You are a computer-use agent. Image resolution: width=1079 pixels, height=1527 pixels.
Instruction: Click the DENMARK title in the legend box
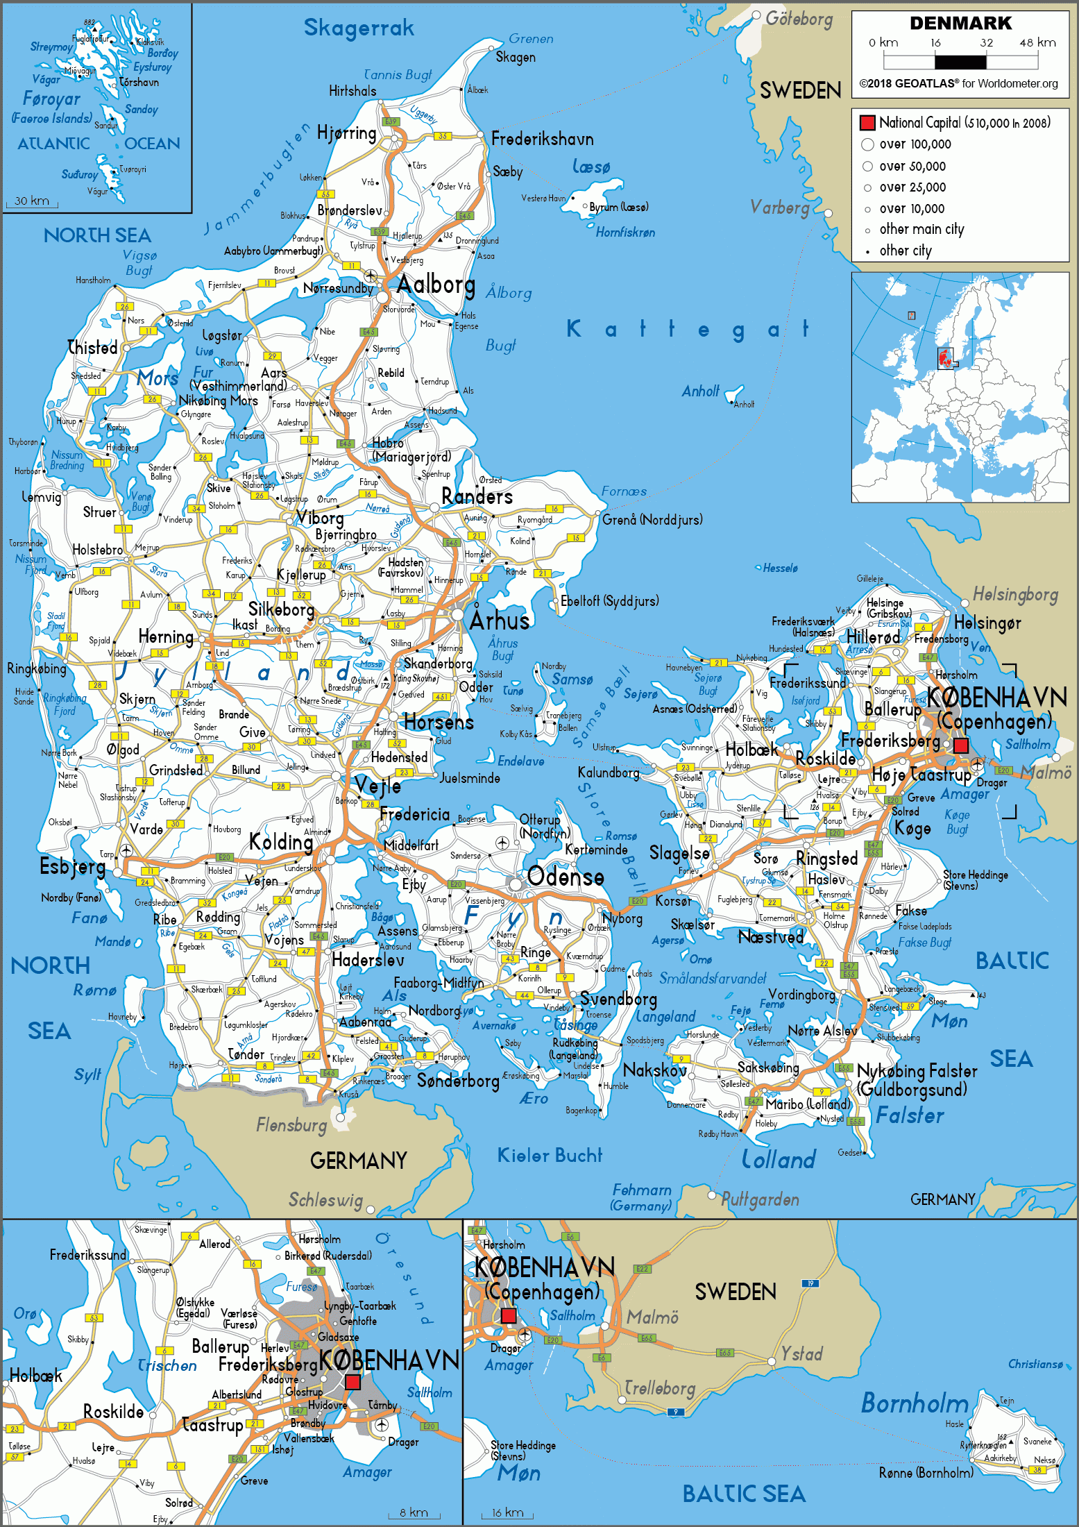(x=960, y=23)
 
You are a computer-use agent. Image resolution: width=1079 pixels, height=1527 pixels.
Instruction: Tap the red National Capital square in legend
(x=867, y=123)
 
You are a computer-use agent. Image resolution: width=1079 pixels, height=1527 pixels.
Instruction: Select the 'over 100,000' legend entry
(x=915, y=144)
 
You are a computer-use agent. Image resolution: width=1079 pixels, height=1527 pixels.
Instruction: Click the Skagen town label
(x=516, y=58)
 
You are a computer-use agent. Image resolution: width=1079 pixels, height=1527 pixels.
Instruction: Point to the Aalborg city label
(x=436, y=284)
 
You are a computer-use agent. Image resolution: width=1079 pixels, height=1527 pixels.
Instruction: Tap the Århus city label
(x=500, y=620)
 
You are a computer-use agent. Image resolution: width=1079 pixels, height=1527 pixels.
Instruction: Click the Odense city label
(x=566, y=877)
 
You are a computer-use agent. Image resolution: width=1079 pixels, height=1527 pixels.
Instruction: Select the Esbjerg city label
(x=72, y=866)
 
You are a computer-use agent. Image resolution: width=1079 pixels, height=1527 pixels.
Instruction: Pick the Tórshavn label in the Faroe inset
(x=139, y=82)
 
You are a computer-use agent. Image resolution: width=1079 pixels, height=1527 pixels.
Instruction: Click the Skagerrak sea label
(x=359, y=28)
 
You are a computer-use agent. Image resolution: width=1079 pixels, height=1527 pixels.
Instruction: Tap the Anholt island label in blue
(x=700, y=391)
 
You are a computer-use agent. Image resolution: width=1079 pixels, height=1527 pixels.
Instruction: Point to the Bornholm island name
(x=914, y=1403)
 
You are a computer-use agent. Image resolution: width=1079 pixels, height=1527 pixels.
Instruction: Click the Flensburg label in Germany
(x=291, y=1124)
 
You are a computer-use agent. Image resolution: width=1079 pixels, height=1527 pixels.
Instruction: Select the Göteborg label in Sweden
(x=799, y=19)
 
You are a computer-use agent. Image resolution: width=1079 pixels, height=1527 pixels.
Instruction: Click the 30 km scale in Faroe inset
(x=32, y=201)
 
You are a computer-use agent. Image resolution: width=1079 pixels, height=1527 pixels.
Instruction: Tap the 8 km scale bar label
(x=414, y=1512)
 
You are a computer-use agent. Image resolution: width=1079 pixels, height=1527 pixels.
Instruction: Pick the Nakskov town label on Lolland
(x=654, y=1070)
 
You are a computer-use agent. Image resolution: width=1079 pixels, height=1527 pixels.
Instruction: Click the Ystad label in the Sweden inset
(x=801, y=1353)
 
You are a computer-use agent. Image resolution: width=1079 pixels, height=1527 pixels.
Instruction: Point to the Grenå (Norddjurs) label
(x=652, y=519)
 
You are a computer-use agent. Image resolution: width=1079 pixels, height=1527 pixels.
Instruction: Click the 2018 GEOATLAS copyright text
(x=959, y=83)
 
